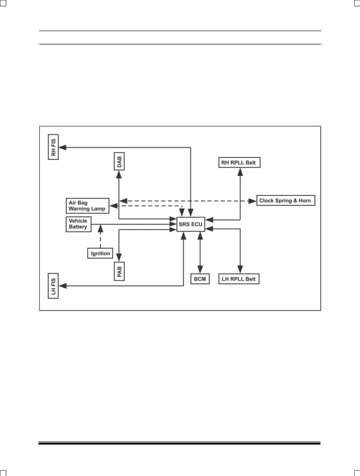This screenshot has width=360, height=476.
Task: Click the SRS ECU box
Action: [191, 224]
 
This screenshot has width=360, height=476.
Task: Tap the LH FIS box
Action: [54, 286]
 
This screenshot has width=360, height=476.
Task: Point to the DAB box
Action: [119, 161]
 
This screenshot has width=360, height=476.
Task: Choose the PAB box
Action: [119, 271]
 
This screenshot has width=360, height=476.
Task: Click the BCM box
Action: [200, 279]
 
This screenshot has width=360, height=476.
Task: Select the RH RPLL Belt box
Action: [239, 163]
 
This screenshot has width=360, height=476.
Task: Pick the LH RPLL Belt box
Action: [239, 279]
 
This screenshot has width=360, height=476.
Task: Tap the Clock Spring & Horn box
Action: [286, 201]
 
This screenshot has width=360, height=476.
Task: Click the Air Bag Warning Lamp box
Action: [87, 206]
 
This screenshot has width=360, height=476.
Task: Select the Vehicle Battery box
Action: [78, 224]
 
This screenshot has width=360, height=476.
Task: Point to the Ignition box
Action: [100, 253]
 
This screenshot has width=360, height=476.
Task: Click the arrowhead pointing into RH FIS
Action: [62, 147]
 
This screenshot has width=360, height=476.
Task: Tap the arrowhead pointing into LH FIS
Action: [62, 286]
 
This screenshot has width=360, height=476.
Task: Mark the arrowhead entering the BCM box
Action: [200, 270]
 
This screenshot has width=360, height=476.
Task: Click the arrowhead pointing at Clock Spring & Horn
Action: [252, 201]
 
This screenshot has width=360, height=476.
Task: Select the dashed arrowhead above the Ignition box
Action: [100, 229]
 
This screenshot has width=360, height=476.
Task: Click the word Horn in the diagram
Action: [305, 201]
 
